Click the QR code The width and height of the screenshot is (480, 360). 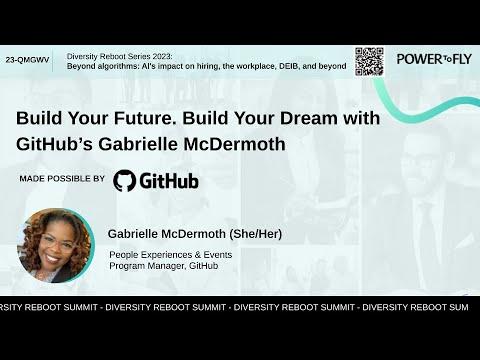point(369,62)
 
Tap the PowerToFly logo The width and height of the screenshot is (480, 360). point(434,59)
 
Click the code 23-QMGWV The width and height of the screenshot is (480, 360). point(27,60)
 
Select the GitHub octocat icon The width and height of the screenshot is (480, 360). point(124,180)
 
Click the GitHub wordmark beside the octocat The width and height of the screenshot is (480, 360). point(169,181)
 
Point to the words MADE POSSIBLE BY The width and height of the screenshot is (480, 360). point(62,179)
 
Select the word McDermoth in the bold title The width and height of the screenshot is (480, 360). point(234,144)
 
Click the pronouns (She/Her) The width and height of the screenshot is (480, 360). point(256,234)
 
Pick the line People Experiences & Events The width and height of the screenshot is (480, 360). point(171,255)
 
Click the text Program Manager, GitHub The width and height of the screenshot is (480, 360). point(164,266)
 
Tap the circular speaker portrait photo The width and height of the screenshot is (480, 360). point(56,246)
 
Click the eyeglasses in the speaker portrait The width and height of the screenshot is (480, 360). point(57,245)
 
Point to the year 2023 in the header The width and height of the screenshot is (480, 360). point(163,56)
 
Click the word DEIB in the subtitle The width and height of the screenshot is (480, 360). point(289,66)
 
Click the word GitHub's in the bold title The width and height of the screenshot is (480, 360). point(54,144)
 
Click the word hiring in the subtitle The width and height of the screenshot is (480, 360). point(208,66)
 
